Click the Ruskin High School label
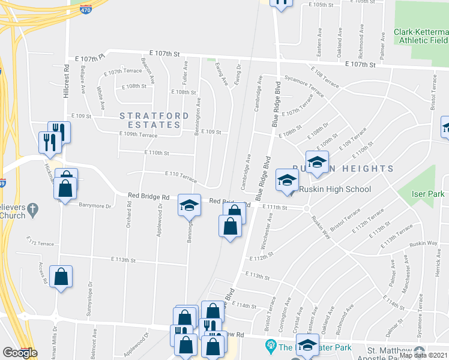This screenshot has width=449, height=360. [335, 189]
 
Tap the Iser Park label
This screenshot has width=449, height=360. [427, 194]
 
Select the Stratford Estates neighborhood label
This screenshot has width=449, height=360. [150, 120]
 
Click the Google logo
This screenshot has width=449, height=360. [20, 353]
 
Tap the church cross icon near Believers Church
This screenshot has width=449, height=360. [33, 209]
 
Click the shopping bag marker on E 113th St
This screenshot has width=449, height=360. [61, 277]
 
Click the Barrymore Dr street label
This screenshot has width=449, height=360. [95, 206]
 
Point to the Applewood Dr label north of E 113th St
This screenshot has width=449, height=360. [160, 220]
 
